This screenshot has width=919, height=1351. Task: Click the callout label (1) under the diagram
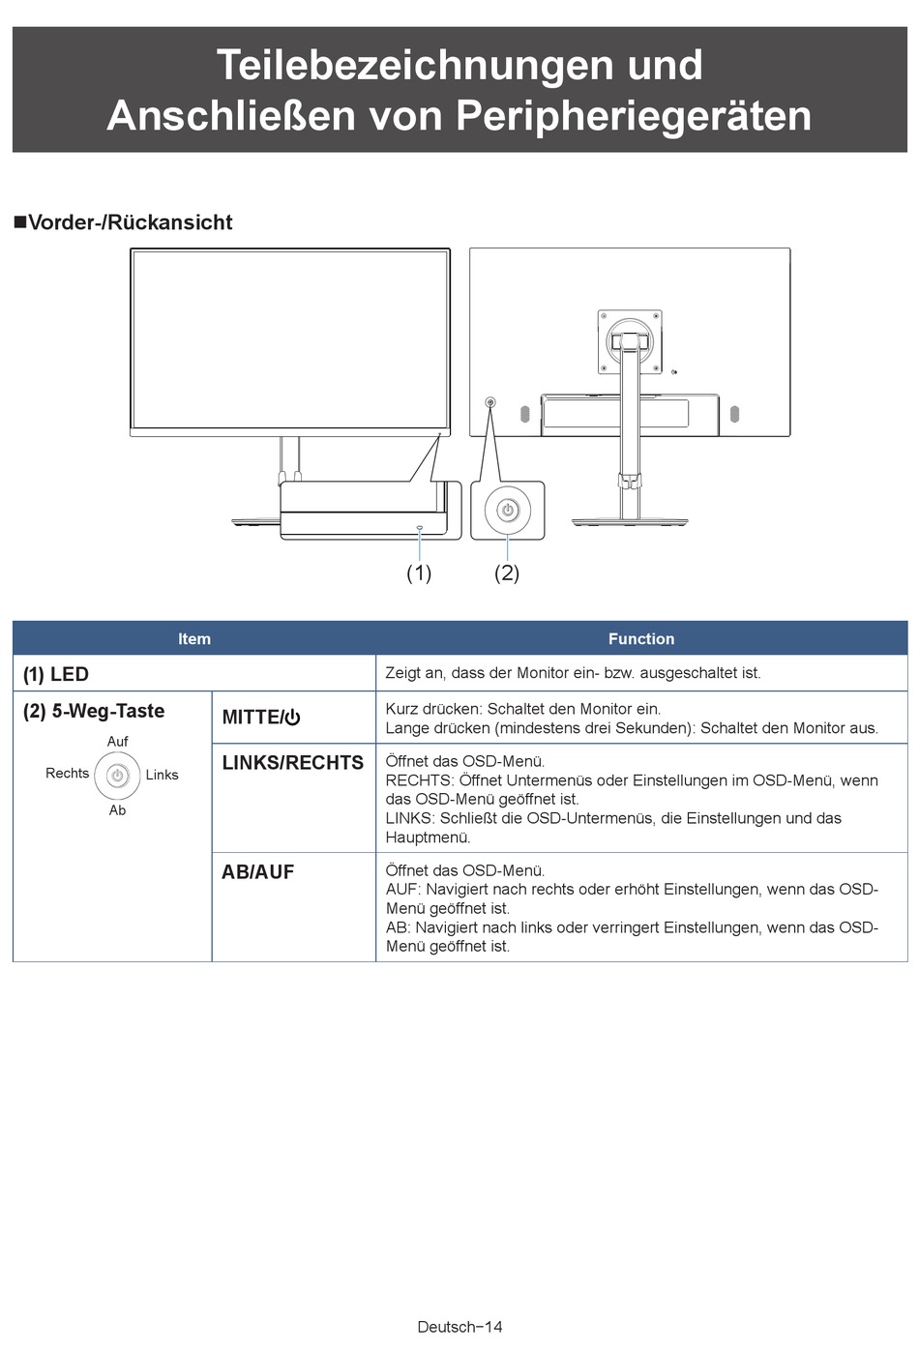(419, 573)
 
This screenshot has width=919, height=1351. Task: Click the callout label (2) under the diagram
(507, 573)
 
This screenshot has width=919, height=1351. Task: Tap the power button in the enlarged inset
(508, 510)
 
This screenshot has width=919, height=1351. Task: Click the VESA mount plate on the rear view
(630, 340)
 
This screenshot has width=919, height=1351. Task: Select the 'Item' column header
(194, 638)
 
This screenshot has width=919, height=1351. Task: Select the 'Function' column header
(641, 638)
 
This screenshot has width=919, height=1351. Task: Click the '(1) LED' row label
(56, 674)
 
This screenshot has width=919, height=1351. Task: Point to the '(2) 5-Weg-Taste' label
(94, 711)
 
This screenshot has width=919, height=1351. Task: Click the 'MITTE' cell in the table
(261, 718)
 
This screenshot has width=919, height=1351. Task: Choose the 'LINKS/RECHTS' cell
(293, 763)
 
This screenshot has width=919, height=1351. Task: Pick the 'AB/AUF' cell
(258, 872)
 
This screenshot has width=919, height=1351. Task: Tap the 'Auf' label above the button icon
(117, 742)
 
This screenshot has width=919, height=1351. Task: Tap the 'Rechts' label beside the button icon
(67, 774)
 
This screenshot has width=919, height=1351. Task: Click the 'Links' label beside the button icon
(162, 775)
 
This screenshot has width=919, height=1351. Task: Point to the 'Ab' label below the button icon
(117, 810)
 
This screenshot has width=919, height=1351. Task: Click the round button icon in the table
(117, 776)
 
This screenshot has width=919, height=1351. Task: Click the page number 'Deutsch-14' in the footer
(459, 1327)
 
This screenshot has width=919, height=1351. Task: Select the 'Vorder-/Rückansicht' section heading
(130, 222)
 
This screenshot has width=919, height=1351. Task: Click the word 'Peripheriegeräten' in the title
(634, 116)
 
